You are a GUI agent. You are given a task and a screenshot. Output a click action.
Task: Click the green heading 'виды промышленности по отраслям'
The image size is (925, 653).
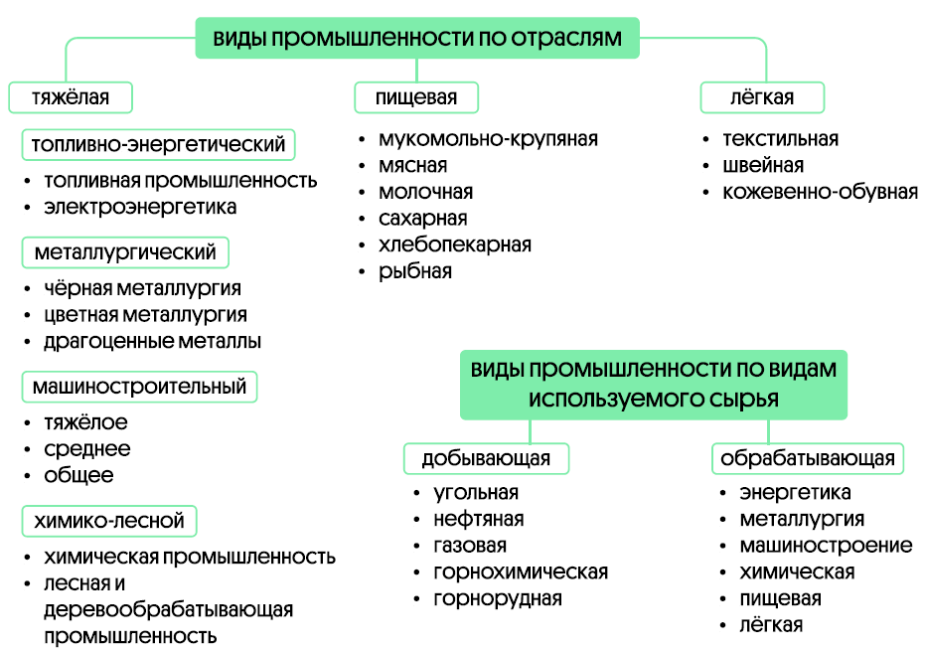416,39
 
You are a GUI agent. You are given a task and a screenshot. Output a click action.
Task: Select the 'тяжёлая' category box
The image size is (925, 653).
71,97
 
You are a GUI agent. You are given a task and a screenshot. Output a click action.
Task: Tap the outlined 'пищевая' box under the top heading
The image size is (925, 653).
416,97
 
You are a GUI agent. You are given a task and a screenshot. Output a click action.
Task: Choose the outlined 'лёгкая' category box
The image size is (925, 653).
762,97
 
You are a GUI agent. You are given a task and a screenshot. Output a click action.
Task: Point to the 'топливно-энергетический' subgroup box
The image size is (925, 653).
159,144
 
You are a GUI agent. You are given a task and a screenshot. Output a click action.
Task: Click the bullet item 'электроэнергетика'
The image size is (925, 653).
140,207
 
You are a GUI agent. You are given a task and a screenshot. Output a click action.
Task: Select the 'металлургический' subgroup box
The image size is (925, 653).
125,251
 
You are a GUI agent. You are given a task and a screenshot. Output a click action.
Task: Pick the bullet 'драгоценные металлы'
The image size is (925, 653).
152,341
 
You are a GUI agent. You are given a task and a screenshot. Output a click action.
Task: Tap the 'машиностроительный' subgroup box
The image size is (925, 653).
139,386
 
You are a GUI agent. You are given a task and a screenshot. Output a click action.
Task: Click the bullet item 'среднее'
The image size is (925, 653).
86,448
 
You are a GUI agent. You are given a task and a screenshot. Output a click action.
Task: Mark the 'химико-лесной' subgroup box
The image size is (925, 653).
109,520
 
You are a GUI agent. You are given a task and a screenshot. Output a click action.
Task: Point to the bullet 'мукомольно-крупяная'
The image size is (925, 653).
488,139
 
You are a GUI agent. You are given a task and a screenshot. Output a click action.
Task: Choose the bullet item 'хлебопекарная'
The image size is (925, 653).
454,245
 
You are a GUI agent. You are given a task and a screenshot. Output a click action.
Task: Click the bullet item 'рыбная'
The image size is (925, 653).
414,270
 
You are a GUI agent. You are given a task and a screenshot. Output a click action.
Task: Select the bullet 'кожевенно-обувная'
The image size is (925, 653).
820,192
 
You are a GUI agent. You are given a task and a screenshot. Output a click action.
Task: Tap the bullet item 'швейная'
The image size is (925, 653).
763,165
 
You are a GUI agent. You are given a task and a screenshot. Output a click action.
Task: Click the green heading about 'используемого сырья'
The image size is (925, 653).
653,383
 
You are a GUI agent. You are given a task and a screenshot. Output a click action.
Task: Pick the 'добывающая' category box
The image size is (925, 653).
486,458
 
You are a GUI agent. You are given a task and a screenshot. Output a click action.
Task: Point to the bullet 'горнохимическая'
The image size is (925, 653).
521,572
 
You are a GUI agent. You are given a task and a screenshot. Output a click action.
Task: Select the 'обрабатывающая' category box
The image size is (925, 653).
807,458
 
